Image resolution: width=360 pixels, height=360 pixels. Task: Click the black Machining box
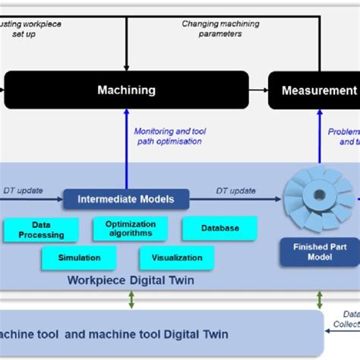tap(126, 90)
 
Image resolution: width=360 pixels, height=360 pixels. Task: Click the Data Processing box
tap(41, 230)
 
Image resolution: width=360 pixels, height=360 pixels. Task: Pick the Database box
tap(219, 229)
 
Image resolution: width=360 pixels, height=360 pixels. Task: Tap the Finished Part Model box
tap(309, 251)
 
